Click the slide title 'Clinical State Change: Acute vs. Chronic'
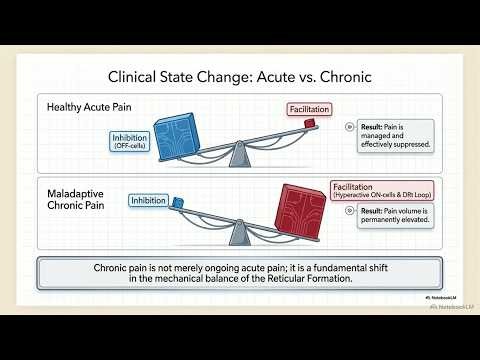pyautogui.click(x=240, y=76)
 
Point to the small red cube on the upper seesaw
pyautogui.click(x=310, y=122)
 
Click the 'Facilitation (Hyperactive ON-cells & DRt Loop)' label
pyautogui.click(x=375, y=189)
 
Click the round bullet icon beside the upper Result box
pyautogui.click(x=348, y=127)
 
